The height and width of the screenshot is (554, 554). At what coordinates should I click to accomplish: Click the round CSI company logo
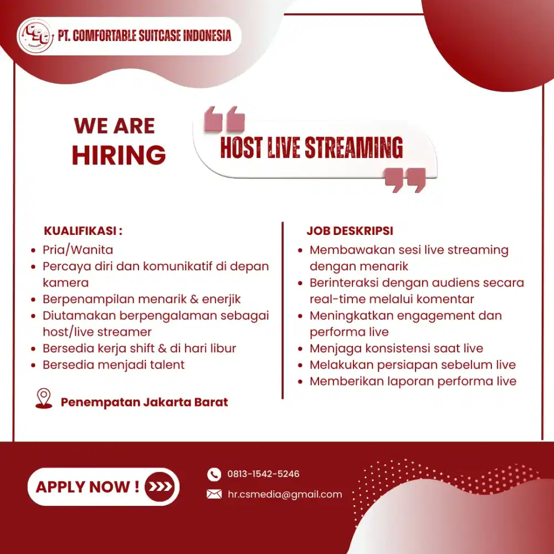click(35, 36)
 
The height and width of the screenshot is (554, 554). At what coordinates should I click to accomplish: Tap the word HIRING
click(119, 155)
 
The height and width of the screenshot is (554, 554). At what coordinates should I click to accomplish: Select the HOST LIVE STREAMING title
click(311, 148)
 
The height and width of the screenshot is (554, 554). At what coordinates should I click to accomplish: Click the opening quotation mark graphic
click(224, 119)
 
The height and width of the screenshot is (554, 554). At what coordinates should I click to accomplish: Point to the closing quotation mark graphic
click(405, 180)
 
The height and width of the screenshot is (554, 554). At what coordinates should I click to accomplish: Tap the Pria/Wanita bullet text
click(78, 250)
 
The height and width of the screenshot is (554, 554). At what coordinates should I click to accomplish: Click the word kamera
click(65, 283)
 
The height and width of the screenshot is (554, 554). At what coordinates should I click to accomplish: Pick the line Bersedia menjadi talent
click(114, 365)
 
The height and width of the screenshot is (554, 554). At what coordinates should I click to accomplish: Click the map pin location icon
click(43, 399)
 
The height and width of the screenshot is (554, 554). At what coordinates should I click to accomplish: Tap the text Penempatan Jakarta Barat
click(144, 402)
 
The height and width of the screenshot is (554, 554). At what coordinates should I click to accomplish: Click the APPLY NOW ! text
click(88, 487)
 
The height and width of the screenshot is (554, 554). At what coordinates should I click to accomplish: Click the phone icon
click(214, 474)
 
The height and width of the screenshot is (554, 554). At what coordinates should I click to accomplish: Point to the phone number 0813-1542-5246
click(263, 474)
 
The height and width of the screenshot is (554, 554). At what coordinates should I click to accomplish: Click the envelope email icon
click(214, 494)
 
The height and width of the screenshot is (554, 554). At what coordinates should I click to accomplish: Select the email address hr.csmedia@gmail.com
click(285, 494)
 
